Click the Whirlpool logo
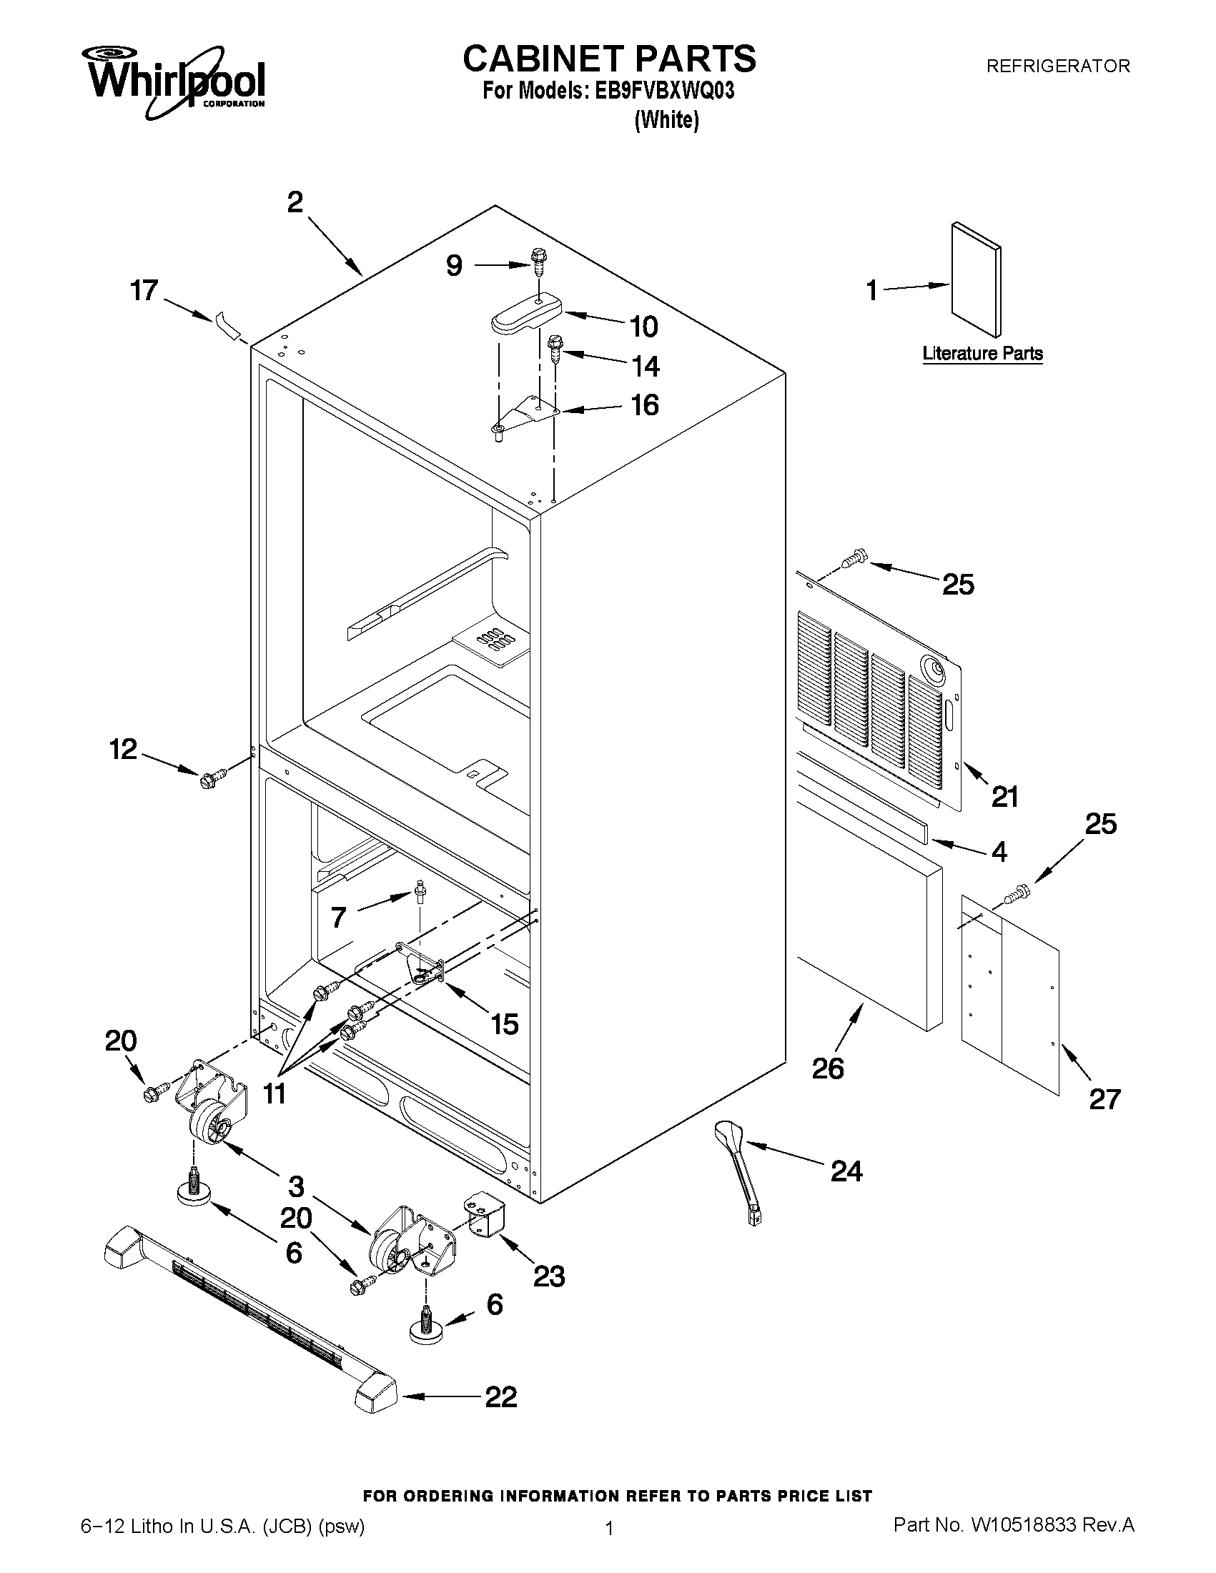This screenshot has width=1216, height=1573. pyautogui.click(x=177, y=81)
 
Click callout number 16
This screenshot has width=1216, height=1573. pyautogui.click(x=644, y=405)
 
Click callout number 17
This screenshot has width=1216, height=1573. pyautogui.click(x=144, y=290)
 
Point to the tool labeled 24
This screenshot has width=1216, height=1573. pyautogui.click(x=738, y=1174)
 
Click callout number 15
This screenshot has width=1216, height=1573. pyautogui.click(x=504, y=1023)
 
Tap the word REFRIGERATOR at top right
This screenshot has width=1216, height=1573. pyautogui.click(x=1057, y=66)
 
